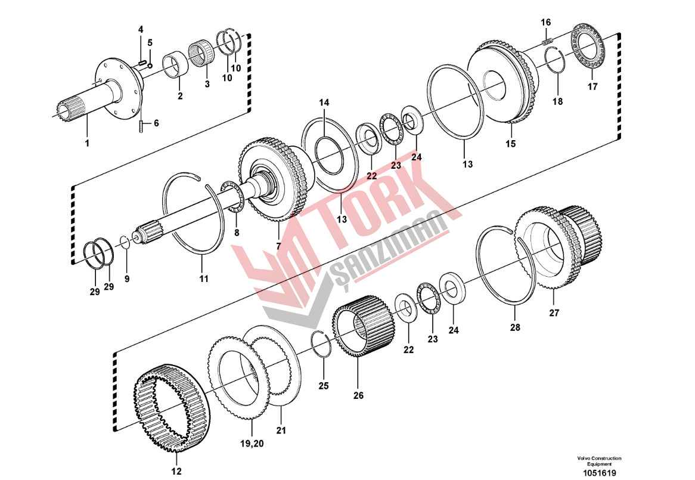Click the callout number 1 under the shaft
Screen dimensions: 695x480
tap(87, 143)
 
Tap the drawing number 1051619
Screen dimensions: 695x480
tap(599, 473)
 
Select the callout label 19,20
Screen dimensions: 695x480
tap(252, 443)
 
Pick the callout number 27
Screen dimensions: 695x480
tap(554, 313)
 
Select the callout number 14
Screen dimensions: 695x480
tap(324, 103)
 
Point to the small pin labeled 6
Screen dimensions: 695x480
tap(141, 126)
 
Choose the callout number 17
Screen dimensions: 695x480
tap(592, 86)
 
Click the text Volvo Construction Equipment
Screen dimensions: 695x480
tap(599, 461)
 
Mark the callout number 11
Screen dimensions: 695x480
tap(203, 279)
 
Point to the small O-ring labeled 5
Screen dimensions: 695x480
tap(150, 66)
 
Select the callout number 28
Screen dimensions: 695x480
tap(514, 327)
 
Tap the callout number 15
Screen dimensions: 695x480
tap(511, 144)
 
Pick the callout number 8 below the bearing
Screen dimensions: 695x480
tap(237, 232)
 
